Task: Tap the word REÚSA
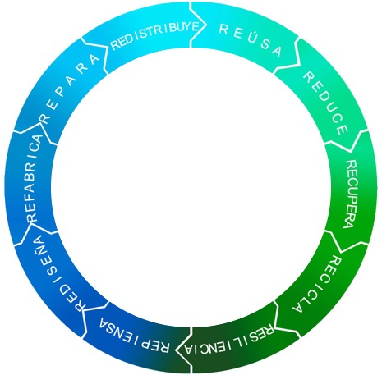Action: tap(251, 40)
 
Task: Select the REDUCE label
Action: tap(326, 103)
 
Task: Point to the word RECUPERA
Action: tap(351, 194)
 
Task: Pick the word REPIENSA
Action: tap(134, 336)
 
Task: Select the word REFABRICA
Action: tap(35, 178)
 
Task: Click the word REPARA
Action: tap(70, 88)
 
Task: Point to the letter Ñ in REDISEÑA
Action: tap(41, 243)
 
